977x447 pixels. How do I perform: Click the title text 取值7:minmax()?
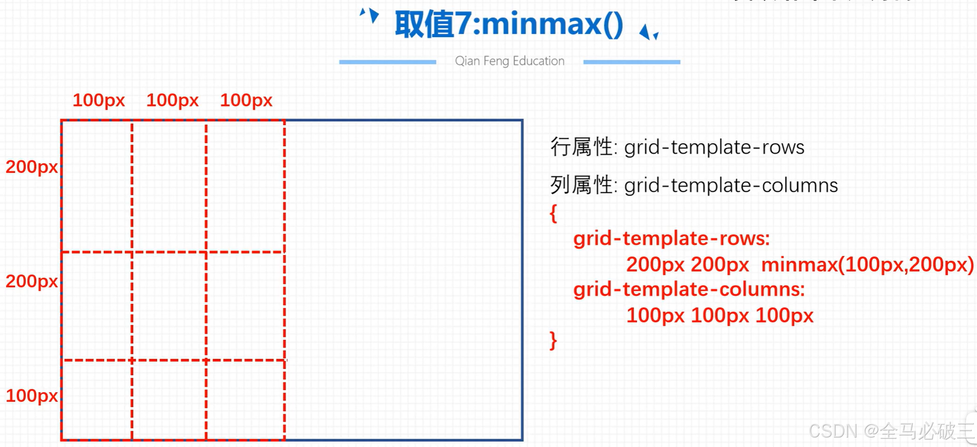[x=509, y=25]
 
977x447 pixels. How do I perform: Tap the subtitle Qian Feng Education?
[x=509, y=61]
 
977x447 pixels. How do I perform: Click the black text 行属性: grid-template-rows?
[x=677, y=147]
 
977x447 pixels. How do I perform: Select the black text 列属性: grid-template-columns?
[x=694, y=185]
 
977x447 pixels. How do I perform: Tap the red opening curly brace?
[x=553, y=213]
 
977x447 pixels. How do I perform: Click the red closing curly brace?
[x=553, y=340]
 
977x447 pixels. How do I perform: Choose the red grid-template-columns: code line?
[x=689, y=290]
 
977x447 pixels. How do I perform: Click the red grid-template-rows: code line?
[x=671, y=239]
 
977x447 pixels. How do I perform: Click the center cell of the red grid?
[x=169, y=306]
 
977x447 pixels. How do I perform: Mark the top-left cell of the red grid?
[x=97, y=186]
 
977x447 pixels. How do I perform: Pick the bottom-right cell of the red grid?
[x=245, y=400]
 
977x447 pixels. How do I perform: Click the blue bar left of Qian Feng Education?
[x=387, y=62]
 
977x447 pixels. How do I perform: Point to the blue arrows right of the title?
[x=649, y=32]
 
